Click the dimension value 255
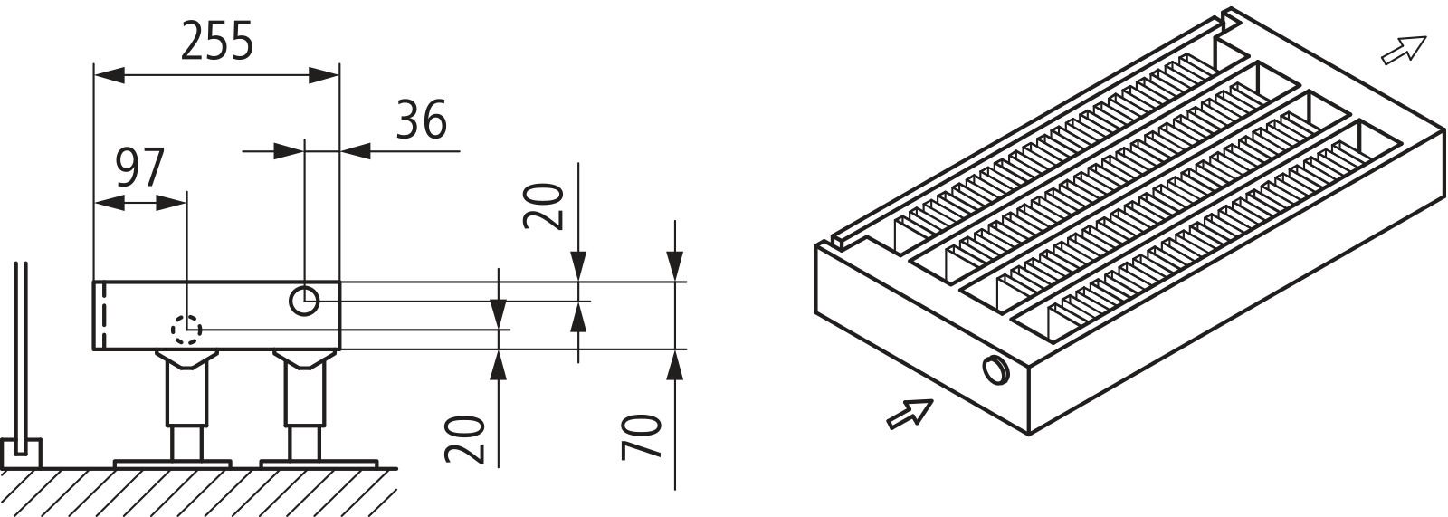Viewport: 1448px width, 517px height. [x=216, y=43]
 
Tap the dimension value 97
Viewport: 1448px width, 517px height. [x=140, y=168]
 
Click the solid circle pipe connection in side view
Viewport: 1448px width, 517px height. [x=304, y=301]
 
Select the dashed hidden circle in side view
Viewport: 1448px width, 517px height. [x=187, y=330]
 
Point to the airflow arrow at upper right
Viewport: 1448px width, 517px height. [x=1403, y=51]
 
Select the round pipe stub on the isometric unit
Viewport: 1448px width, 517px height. [x=994, y=369]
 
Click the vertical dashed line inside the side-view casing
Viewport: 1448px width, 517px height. [x=105, y=315]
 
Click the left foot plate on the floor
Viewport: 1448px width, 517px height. [x=172, y=464]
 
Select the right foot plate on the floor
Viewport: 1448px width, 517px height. [x=318, y=464]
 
